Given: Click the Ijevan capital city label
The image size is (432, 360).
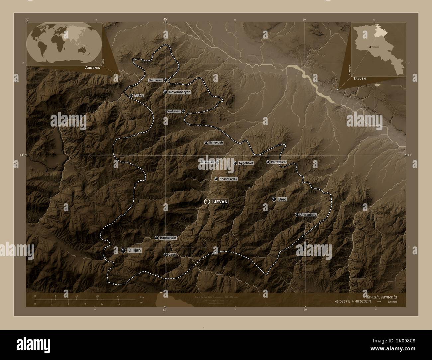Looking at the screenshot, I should (x=220, y=202).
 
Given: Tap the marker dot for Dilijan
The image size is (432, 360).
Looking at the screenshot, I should (x=124, y=250).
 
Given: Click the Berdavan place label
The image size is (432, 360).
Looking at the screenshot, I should (x=155, y=81).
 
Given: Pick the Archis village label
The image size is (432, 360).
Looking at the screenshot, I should (x=139, y=96).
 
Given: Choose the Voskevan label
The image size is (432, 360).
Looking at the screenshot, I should (x=173, y=112).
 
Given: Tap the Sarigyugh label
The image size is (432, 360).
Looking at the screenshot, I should (x=216, y=143).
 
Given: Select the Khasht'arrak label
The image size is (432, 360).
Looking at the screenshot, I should (x=229, y=179).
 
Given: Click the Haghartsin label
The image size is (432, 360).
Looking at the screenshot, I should (x=168, y=238).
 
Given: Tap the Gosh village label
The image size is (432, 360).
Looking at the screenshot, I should (x=172, y=255).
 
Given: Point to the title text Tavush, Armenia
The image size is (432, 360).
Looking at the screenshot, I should (x=381, y=297).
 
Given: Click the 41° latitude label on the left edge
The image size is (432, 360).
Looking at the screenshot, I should (x=21, y=155).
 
